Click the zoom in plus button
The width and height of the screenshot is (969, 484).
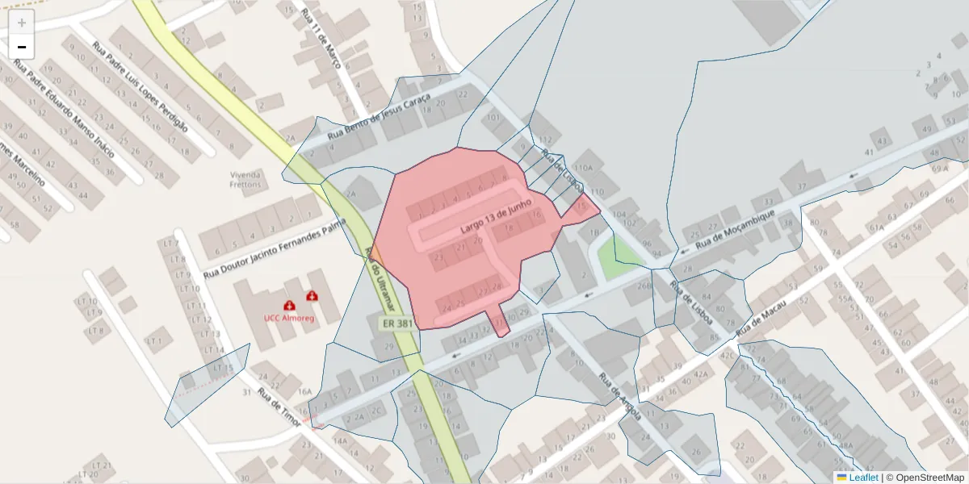21,23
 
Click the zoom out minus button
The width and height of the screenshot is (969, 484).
21,47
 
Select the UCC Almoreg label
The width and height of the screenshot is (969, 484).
288,318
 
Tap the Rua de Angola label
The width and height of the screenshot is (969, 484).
619,395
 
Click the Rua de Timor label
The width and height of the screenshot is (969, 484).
279,408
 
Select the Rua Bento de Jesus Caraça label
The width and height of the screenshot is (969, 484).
377,119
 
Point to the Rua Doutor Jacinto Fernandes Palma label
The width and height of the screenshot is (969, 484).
275,251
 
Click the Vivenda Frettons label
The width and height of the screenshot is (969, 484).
245,179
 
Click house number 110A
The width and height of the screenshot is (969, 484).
583,168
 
